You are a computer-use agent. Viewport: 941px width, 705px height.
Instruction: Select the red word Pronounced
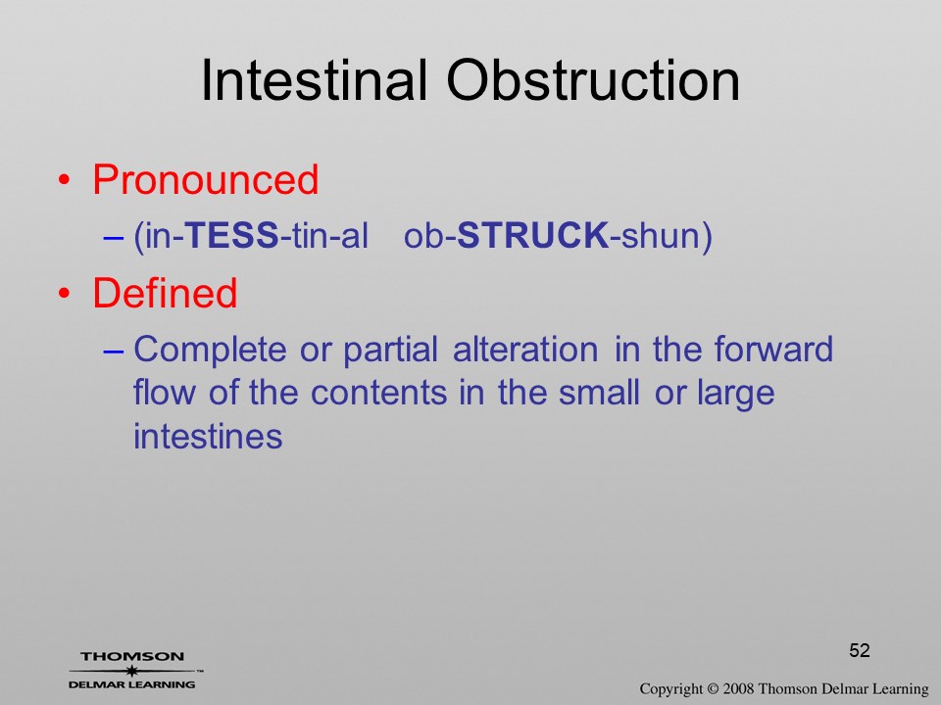tap(205, 179)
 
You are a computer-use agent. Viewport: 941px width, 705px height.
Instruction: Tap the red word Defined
tap(165, 293)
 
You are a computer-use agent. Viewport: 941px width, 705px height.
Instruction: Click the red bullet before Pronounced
tap(65, 180)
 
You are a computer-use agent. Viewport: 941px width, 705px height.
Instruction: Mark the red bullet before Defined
tap(65, 293)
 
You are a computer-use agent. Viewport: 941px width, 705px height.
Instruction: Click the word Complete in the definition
tap(210, 351)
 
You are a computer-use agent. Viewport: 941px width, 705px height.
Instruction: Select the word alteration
tap(525, 349)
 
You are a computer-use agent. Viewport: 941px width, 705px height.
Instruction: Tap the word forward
tap(773, 349)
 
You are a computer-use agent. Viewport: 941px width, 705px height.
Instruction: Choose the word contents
tap(378, 394)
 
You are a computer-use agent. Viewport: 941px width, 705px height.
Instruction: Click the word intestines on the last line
tap(208, 436)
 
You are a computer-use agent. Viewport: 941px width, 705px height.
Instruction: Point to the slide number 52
tap(860, 650)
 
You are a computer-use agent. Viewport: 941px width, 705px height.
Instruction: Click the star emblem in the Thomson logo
tap(132, 671)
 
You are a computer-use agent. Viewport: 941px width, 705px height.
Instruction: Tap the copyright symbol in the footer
tap(713, 689)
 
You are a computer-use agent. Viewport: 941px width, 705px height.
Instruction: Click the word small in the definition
tap(598, 393)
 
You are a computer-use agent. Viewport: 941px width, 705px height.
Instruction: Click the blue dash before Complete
tap(113, 351)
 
